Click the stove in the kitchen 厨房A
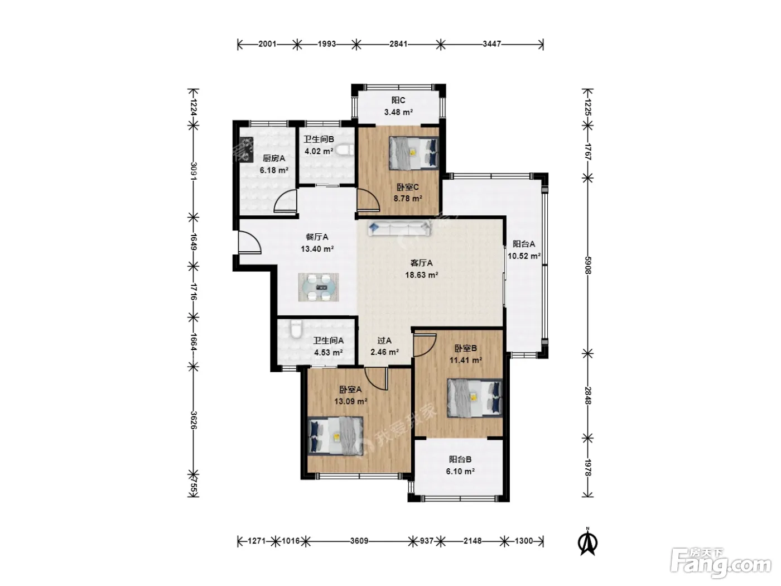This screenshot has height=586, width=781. pos(246,150)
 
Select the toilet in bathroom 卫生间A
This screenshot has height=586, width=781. pos(296,329)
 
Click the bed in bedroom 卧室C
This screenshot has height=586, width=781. pos(413,153)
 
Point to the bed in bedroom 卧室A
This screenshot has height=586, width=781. pos(335,436)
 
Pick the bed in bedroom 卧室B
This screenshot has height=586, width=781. pos(475,398)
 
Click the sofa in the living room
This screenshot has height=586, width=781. pos(399,228)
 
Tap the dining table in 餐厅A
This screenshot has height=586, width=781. pos(319,287)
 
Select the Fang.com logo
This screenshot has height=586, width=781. pos(721,564)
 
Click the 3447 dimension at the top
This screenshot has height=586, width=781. pos(491,44)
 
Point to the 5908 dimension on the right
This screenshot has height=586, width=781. pos(587,265)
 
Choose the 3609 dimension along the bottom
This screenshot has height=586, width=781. pos(359,541)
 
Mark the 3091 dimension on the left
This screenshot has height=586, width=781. pos(194,171)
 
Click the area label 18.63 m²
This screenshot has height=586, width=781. pos(421,275)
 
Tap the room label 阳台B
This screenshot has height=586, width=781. pos(460,459)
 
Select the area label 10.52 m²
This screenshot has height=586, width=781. pos(524,256)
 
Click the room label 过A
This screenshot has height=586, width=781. pos(384,340)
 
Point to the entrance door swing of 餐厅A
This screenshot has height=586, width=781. pos(250,242)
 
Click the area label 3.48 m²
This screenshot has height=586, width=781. pos(398,112)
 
